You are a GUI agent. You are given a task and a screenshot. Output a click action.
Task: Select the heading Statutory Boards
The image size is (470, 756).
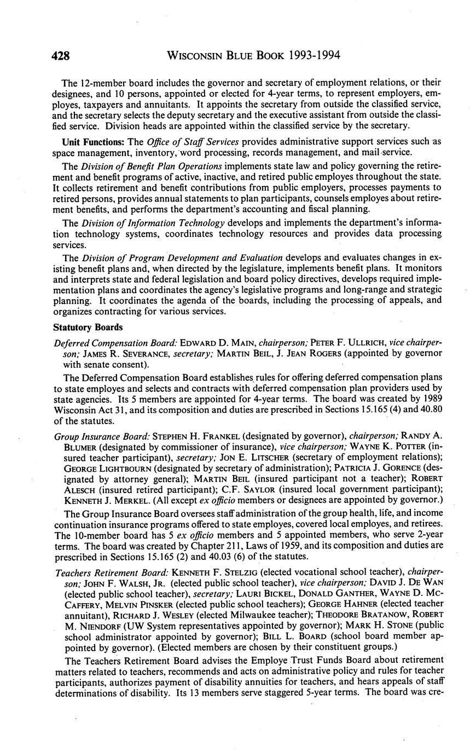(x=88, y=328)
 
